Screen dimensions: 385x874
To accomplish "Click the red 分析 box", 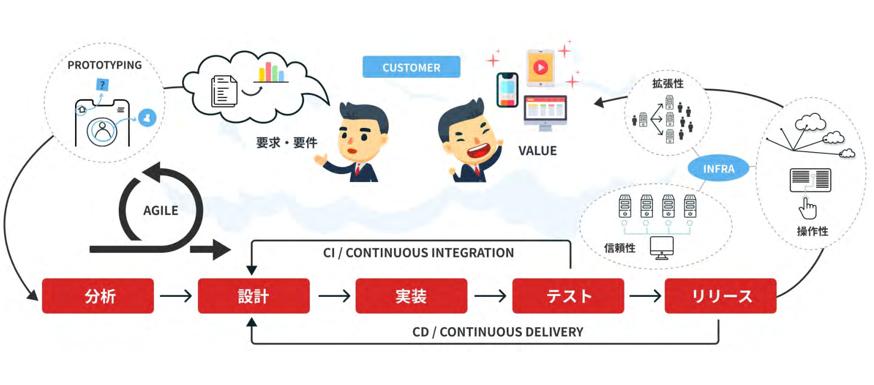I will tap(98, 296).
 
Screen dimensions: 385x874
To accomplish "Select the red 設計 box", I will tap(253, 296).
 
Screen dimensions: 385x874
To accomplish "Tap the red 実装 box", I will tap(411, 296).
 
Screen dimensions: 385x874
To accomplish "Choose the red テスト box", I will tap(568, 296).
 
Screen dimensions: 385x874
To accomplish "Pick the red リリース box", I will tap(720, 296).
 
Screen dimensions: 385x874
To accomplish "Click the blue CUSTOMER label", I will tap(411, 67).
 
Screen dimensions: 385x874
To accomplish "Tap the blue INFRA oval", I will tap(718, 168).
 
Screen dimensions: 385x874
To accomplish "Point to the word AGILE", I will tap(161, 210).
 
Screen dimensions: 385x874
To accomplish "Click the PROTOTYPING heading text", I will tap(105, 65).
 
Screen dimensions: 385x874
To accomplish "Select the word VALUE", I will tap(537, 151).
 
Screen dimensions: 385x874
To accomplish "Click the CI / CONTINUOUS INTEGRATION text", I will tap(418, 253).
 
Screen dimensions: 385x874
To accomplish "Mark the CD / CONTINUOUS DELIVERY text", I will tap(497, 331).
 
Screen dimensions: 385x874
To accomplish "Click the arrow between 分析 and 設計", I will tap(176, 296).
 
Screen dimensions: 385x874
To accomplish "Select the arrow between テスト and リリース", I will tap(645, 296).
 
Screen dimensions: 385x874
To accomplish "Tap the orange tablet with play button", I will tap(540, 68).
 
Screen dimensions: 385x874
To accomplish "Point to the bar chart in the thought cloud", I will tap(271, 72).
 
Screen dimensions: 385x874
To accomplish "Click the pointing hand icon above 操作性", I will tap(807, 208).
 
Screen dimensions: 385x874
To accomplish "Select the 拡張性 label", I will tap(668, 83).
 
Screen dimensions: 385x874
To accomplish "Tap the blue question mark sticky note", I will tap(102, 84).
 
